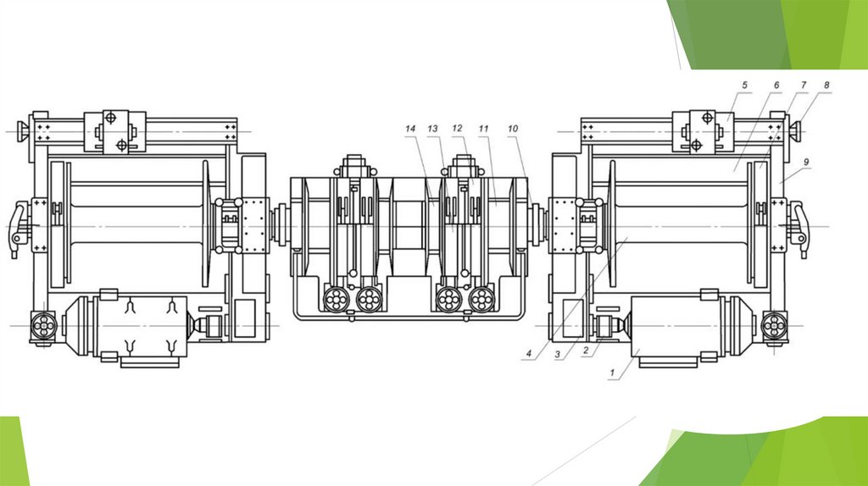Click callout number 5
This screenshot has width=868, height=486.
(744, 86)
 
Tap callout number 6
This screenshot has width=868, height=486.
(776, 86)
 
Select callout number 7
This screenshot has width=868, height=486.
(804, 86)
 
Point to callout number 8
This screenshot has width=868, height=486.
(827, 86)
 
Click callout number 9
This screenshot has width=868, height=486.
(807, 162)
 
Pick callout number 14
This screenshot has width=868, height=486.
(410, 129)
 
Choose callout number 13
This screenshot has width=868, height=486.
(432, 129)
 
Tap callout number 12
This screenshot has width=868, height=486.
(457, 128)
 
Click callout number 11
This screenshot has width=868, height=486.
(484, 129)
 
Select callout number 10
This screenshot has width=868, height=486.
(513, 129)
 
